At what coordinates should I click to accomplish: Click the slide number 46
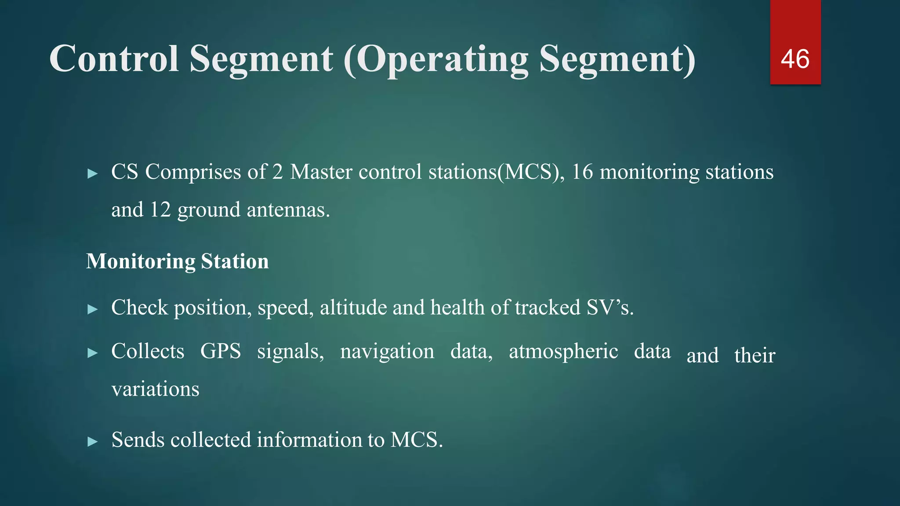click(795, 59)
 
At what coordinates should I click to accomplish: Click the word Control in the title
click(114, 59)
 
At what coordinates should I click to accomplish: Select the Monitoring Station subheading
click(177, 261)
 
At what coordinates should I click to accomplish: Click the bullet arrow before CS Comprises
click(92, 174)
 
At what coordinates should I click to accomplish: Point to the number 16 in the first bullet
click(582, 172)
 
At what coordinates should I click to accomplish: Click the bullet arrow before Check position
click(92, 309)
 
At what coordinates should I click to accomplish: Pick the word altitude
click(353, 307)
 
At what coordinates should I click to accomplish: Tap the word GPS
click(221, 351)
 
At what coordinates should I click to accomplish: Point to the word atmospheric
click(563, 351)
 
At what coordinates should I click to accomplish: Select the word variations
click(155, 389)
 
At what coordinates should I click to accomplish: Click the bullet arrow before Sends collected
click(92, 441)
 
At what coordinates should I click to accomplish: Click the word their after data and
click(755, 355)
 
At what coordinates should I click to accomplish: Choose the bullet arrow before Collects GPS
click(92, 353)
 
